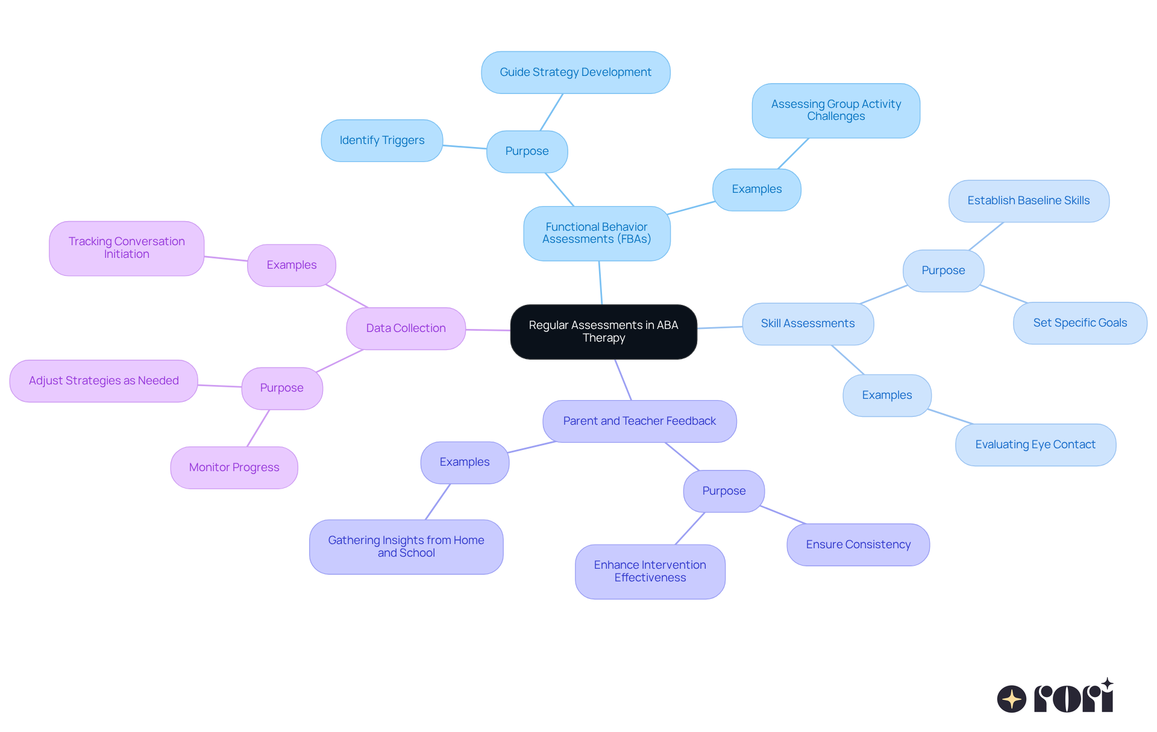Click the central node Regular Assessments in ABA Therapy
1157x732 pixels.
[603, 331]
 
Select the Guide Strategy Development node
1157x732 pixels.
[575, 72]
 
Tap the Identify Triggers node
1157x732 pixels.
[382, 140]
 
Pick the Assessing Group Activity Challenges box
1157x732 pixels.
[836, 110]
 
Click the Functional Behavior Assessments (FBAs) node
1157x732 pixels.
[597, 233]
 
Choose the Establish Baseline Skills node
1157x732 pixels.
[1029, 201]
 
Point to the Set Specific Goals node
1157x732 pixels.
[1080, 323]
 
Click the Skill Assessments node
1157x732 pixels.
[807, 324]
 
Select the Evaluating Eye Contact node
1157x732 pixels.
[1035, 445]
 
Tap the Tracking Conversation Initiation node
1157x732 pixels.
[127, 248]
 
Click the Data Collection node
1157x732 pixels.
[406, 328]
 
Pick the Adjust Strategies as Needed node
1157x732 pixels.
[104, 381]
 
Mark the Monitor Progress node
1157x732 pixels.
[234, 468]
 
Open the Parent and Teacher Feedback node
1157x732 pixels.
[639, 421]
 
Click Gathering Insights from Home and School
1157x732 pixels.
[406, 546]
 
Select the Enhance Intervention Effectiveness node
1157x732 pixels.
[650, 571]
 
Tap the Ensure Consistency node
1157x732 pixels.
[858, 545]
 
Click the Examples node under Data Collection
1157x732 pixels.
[292, 265]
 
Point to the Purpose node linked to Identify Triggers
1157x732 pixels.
[527, 151]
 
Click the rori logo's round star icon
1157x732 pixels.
[1011, 699]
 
